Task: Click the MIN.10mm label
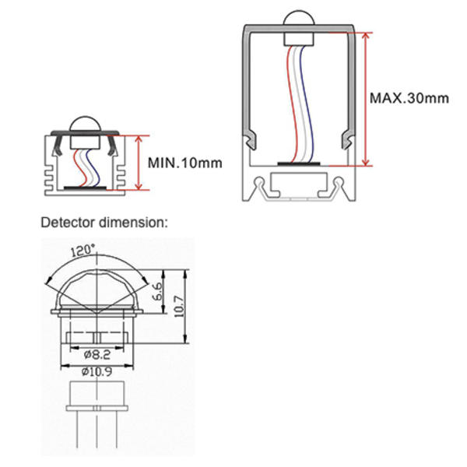pos(184,163)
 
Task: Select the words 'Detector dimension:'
pos(104,222)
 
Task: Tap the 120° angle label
pos(83,251)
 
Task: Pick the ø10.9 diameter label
pos(95,371)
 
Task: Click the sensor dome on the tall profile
pos(296,22)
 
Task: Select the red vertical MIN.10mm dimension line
pos(139,163)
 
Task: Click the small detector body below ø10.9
pos(95,398)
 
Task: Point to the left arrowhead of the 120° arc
pos(49,281)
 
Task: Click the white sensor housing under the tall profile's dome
pos(296,36)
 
